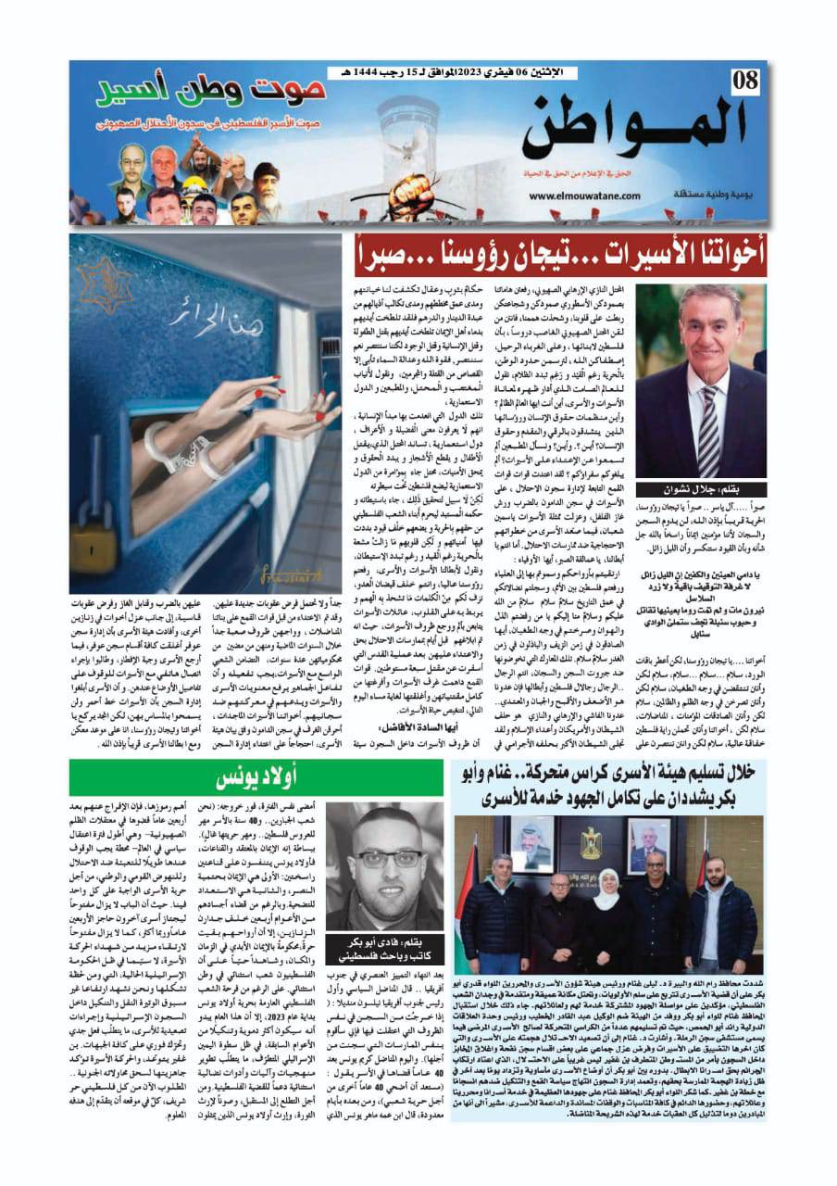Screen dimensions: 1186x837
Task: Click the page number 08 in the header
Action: [743, 82]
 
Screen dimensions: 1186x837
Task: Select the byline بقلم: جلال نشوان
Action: [708, 489]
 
